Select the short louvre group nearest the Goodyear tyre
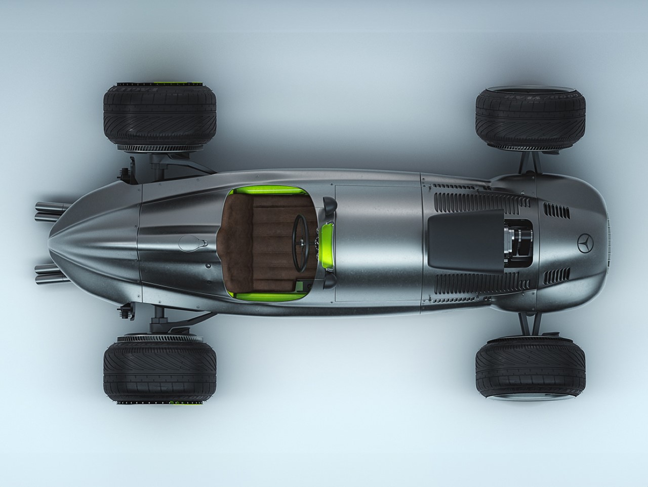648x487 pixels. click(553, 208)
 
